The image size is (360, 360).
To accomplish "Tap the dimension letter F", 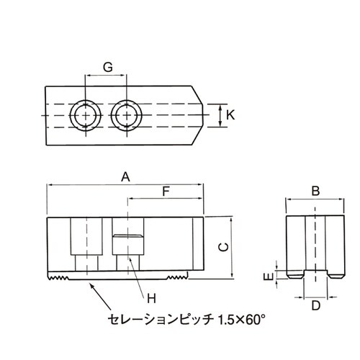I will tap(166, 192).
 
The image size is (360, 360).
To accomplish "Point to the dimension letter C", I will tap(223, 247).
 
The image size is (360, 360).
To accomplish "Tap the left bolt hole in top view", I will tap(85, 115).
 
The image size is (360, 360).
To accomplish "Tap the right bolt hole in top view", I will tap(127, 115).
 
